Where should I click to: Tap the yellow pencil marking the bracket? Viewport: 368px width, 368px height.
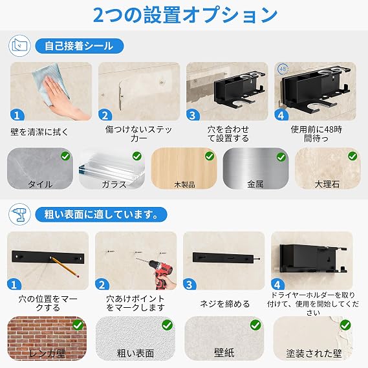[65, 267]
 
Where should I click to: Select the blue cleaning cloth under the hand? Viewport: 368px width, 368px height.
[50, 83]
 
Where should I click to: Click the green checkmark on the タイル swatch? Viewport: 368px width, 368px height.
[65, 156]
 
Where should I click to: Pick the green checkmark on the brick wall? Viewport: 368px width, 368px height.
[78, 325]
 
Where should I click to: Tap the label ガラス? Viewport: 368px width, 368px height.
[114, 184]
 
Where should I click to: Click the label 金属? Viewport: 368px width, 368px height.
[255, 184]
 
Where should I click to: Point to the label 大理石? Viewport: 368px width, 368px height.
[327, 184]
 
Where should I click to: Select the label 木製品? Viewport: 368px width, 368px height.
[185, 185]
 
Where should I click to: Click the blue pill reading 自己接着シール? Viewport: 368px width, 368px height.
[80, 46]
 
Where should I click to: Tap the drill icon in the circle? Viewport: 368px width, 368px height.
[19, 214]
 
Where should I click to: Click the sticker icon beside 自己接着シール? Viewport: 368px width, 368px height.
[19, 46]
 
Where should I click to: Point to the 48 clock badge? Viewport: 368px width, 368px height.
[283, 69]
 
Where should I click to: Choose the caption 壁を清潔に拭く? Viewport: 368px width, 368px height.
[39, 132]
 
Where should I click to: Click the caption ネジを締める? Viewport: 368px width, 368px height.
[224, 304]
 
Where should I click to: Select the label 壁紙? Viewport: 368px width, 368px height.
[224, 352]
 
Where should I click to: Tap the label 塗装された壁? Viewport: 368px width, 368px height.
[314, 353]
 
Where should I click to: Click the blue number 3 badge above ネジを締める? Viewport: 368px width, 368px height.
[189, 285]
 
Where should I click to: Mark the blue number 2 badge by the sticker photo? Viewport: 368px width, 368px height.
[105, 115]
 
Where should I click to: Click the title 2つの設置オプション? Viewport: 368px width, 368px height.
[185, 14]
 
